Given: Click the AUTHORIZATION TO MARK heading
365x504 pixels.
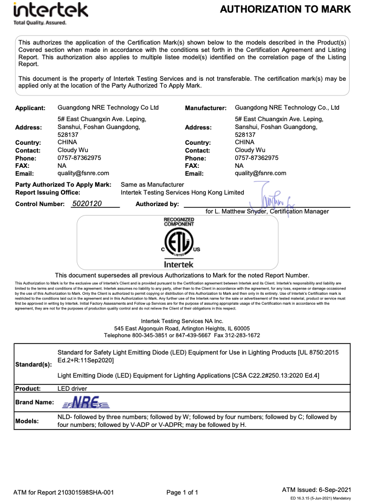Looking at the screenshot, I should pyautogui.click(x=285, y=9).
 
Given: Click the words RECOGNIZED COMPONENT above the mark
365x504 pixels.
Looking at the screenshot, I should pyautogui.click(x=179, y=222).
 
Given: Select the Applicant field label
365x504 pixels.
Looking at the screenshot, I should pyautogui.click(x=31, y=108).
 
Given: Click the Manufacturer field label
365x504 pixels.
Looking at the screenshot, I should pyautogui.click(x=206, y=108).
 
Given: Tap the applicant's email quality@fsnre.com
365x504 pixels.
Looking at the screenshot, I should pyautogui.click(x=84, y=173).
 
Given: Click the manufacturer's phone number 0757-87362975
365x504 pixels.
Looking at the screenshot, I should pyautogui.click(x=257, y=157).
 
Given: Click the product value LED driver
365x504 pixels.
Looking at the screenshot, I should pyautogui.click(x=72, y=389).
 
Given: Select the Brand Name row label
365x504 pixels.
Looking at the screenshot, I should pyautogui.click(x=34, y=402).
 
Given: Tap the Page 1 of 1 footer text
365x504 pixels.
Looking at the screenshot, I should pyautogui.click(x=182, y=492).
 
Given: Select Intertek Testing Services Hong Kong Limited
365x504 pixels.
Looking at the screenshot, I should pyautogui.click(x=182, y=192).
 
